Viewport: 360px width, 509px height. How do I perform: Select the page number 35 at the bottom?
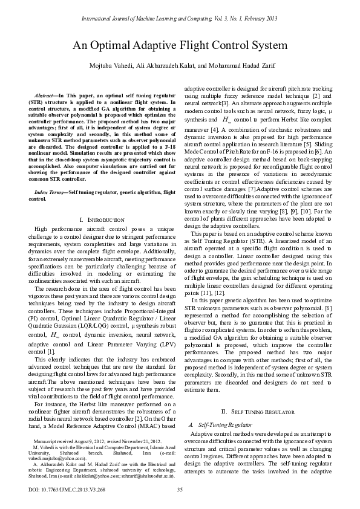[180, 490]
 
